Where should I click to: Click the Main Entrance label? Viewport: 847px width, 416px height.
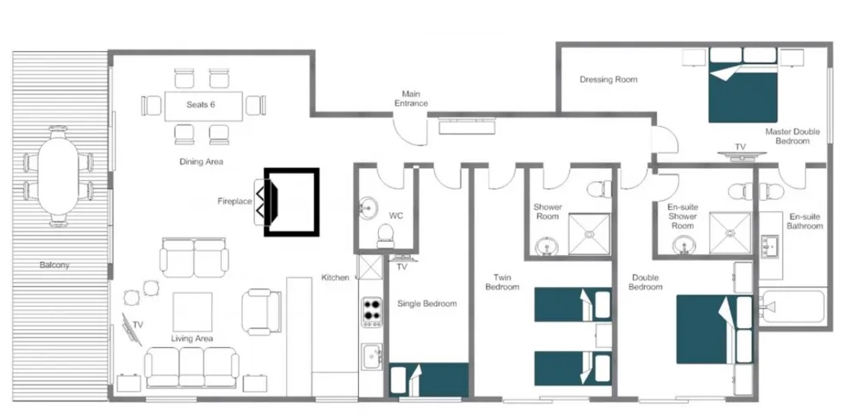click(410, 98)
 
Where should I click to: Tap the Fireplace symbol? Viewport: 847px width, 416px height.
click(292, 202)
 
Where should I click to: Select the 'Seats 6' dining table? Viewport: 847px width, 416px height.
click(203, 106)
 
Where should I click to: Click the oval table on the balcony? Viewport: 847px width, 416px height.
click(58, 176)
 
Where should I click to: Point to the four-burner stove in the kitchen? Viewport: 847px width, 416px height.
click(371, 312)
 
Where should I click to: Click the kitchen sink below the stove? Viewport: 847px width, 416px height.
click(372, 357)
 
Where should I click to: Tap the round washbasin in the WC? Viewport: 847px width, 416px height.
click(370, 207)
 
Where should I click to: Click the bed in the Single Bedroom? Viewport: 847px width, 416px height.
click(429, 380)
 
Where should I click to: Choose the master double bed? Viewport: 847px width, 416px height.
click(743, 85)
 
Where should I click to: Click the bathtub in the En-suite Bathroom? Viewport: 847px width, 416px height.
click(792, 307)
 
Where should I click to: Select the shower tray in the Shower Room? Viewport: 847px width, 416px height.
click(590, 234)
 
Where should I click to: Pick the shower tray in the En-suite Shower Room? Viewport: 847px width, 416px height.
click(730, 233)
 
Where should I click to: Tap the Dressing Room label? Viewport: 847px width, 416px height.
click(608, 79)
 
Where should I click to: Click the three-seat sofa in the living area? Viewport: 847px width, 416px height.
click(192, 367)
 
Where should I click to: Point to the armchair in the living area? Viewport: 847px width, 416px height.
click(261, 311)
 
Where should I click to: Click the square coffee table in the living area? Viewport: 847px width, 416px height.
click(192, 311)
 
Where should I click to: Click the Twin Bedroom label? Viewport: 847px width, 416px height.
click(502, 282)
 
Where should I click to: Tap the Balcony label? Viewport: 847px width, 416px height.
click(55, 266)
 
